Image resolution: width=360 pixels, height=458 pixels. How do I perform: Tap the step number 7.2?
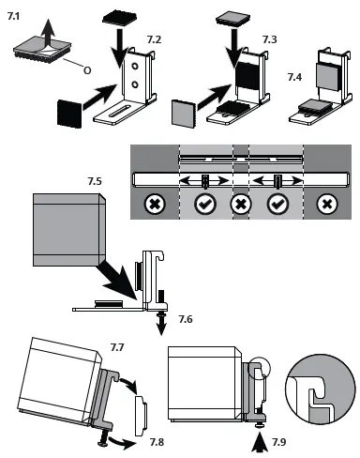(154, 40)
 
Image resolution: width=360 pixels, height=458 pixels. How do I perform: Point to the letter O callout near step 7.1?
(86, 69)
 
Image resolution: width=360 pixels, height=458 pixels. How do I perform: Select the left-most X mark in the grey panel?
(152, 203)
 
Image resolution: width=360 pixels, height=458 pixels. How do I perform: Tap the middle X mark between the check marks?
(241, 203)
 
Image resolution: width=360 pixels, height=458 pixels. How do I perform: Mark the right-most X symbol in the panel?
(326, 203)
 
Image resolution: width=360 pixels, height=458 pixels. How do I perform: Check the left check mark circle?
(203, 203)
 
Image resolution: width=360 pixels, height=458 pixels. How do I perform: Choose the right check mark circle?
(277, 203)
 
